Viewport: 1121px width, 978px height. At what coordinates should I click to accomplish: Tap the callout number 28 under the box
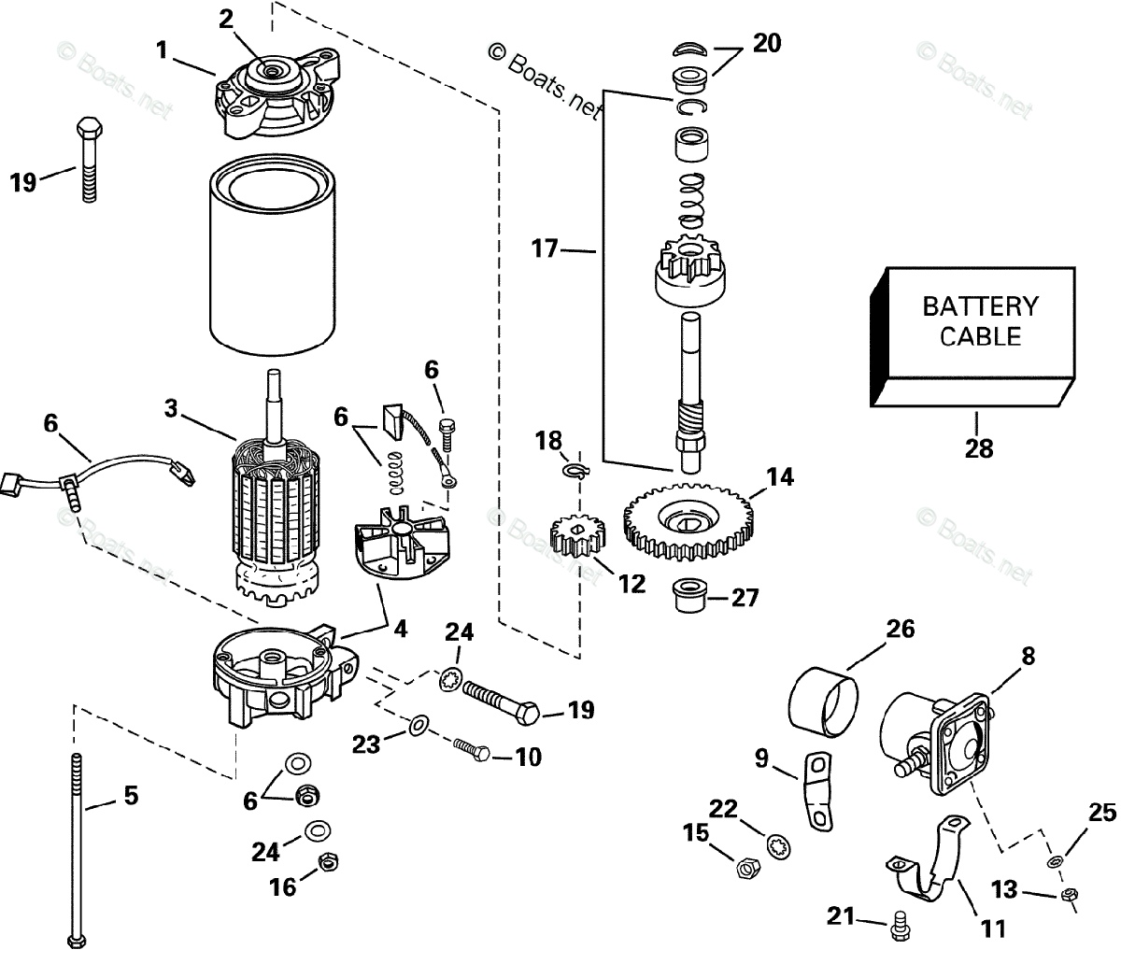[979, 448]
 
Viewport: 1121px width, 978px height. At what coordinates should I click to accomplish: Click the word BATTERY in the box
[980, 306]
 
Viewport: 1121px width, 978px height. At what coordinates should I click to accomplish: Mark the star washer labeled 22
[775, 845]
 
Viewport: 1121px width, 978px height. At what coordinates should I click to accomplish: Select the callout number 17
[544, 248]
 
